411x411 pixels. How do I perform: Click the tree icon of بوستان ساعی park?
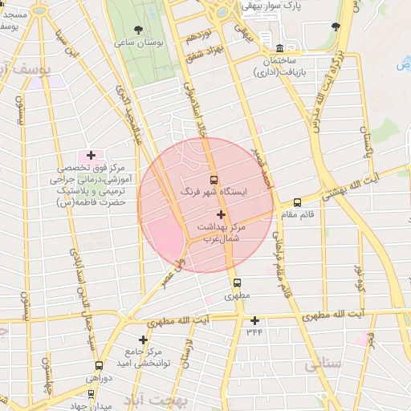[x=140, y=29]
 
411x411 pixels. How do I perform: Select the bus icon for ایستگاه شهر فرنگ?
[x=214, y=180]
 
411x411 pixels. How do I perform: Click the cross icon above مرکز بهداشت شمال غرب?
[x=221, y=214]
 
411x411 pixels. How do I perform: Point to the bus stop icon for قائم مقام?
[x=298, y=203]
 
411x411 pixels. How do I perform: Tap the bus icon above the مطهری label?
[x=237, y=283]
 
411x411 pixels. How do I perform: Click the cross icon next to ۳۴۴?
[x=254, y=320]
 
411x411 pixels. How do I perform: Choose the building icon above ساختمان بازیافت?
[x=279, y=48]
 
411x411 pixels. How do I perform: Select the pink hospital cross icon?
[x=91, y=155]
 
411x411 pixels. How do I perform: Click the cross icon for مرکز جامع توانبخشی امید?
[x=144, y=340]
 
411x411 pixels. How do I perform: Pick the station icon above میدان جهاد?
[x=91, y=394]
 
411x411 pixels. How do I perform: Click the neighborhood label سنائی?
[x=323, y=364]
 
